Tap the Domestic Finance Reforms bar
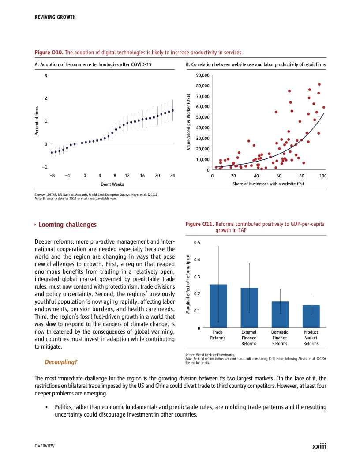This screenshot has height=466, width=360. (280, 314)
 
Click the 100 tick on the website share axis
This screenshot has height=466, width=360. (323, 176)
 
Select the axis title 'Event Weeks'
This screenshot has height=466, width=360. (112, 184)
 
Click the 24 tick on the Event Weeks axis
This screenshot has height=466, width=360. (172, 176)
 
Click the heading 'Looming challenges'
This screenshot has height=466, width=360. (67, 225)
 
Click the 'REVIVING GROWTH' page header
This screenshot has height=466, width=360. (55, 17)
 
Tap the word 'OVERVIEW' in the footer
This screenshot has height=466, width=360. (45, 447)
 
